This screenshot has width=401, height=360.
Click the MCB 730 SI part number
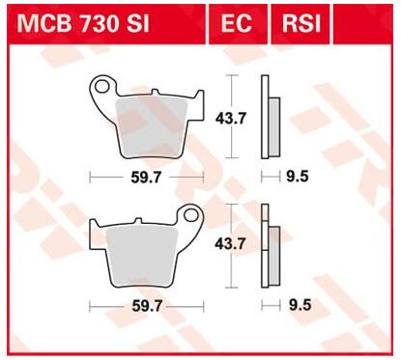click(83, 23)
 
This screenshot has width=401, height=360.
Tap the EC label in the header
click(236, 23)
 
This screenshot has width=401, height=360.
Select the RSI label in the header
click(301, 23)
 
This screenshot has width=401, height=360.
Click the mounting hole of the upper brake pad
click(101, 86)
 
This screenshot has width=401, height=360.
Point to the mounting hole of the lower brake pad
click(191, 214)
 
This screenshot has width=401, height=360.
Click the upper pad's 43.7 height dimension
click(231, 119)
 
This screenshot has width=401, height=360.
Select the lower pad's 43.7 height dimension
click(231, 244)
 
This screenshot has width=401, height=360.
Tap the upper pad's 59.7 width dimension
click(146, 178)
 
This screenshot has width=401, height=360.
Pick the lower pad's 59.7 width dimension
click(147, 306)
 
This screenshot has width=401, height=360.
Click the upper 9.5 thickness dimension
click(298, 177)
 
